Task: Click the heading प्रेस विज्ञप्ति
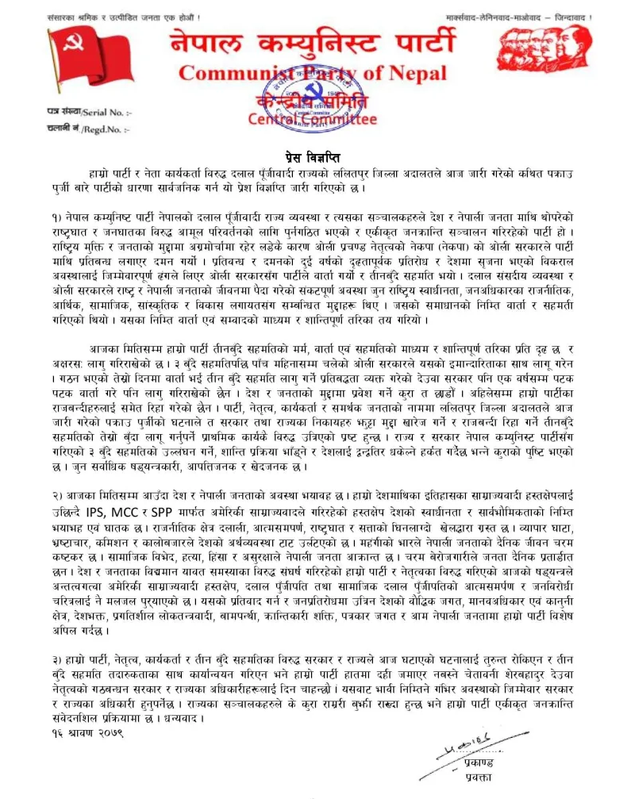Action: (315, 158)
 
